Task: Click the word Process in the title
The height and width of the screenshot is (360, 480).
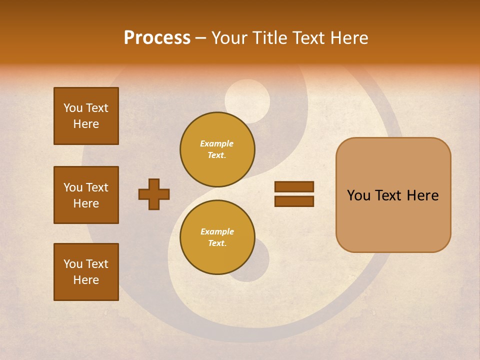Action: click(x=157, y=38)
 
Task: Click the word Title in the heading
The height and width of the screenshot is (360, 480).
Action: click(x=268, y=38)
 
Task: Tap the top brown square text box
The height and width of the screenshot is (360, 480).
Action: click(x=86, y=116)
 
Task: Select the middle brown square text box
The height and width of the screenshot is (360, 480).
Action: click(x=86, y=195)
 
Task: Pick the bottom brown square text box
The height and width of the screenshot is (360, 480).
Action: click(x=86, y=272)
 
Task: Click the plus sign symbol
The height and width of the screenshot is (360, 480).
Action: click(x=154, y=194)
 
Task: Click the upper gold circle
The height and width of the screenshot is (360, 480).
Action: click(x=217, y=149)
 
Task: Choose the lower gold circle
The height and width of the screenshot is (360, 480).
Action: click(x=217, y=237)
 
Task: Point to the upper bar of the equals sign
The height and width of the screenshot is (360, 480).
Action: click(x=294, y=187)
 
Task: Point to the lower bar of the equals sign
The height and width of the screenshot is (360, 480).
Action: click(x=294, y=201)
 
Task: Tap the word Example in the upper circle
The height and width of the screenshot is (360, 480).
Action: click(x=217, y=143)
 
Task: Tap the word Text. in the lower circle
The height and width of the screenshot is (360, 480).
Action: click(x=217, y=243)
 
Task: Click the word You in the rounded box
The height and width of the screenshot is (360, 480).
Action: click(x=359, y=195)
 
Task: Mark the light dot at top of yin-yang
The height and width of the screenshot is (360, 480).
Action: click(x=247, y=101)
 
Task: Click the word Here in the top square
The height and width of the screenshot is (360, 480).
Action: click(x=86, y=124)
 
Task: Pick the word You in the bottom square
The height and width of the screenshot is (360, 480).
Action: click(x=73, y=264)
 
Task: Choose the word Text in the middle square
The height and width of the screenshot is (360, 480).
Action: click(x=97, y=187)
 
